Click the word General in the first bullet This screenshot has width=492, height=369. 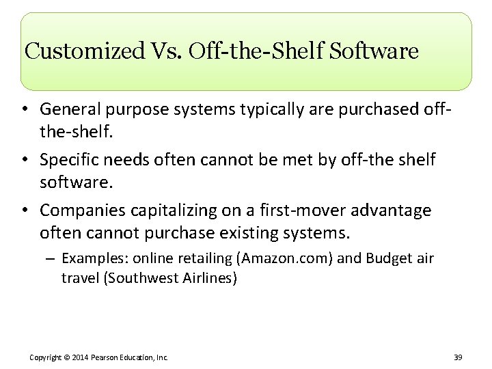coord(70,109)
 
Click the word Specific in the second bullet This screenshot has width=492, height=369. coord(68,159)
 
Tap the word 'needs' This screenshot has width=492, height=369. coord(124,159)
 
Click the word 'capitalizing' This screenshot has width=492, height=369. coord(164,210)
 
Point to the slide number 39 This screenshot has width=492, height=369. coord(457,357)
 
